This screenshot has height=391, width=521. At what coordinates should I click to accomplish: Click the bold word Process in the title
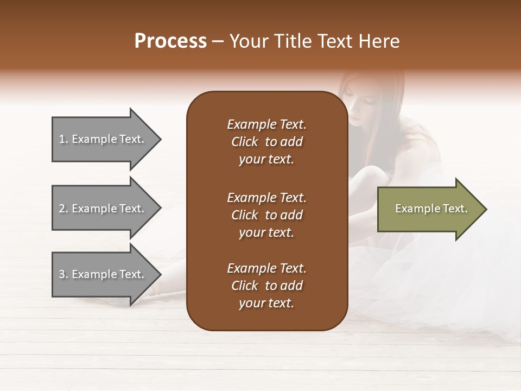[x=170, y=41]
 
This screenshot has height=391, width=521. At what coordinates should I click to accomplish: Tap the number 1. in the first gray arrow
[x=63, y=139]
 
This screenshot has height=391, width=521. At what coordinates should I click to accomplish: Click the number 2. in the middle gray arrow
[x=63, y=209]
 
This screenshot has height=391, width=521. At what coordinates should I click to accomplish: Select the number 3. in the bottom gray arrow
[x=63, y=274]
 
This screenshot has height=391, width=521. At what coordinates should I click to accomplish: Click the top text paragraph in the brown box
[x=266, y=142]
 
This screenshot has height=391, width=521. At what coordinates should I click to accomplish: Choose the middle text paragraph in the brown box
[x=266, y=215]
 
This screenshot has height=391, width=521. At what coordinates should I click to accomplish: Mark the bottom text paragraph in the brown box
[x=266, y=286]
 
